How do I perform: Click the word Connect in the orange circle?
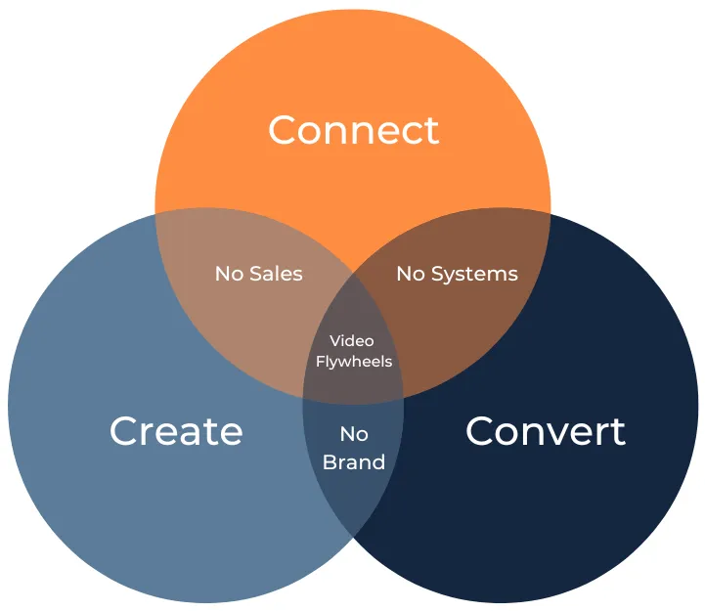pos(353,130)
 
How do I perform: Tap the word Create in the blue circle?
pos(176,431)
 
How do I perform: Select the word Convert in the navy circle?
pos(546,431)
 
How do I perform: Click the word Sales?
pos(276,274)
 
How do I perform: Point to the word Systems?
pos(474,275)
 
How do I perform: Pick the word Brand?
pos(354,462)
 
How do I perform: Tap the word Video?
pos(352,341)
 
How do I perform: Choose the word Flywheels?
pos(354,362)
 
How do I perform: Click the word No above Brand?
pos(354,434)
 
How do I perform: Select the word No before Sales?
pos(230,274)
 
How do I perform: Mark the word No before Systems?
pos(411,274)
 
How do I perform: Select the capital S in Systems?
pos(437,274)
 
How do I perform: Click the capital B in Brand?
pos(330,462)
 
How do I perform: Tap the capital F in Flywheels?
pos(321,361)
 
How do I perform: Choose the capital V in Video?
pos(335,341)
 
